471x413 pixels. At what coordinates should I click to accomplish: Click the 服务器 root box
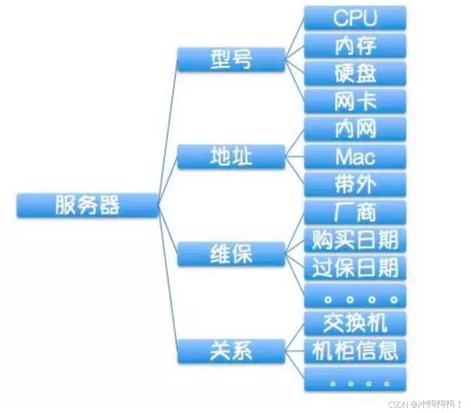pos(88,205)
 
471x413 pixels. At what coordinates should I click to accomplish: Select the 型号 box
pos(231,60)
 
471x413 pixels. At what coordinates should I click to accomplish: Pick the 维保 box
pos(231,253)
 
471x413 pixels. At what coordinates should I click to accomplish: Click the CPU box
pos(355,18)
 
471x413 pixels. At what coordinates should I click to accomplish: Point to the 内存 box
pos(355,46)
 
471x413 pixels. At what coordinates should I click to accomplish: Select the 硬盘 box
pos(355,73)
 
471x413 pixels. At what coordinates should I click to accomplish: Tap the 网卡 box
pos(355,101)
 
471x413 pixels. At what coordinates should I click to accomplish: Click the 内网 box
pos(355,129)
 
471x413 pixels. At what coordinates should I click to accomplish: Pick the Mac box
pos(355,157)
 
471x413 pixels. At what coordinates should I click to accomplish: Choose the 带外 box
pos(355,184)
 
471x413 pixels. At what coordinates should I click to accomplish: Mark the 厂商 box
pos(355,212)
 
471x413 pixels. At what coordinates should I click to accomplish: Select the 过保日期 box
pos(355,267)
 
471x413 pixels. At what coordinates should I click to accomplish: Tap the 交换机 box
pos(355,323)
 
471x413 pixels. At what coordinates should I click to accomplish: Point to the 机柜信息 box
pos(355,350)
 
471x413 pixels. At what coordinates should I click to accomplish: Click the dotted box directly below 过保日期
pos(355,295)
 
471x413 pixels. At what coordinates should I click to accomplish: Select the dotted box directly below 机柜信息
pos(355,378)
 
